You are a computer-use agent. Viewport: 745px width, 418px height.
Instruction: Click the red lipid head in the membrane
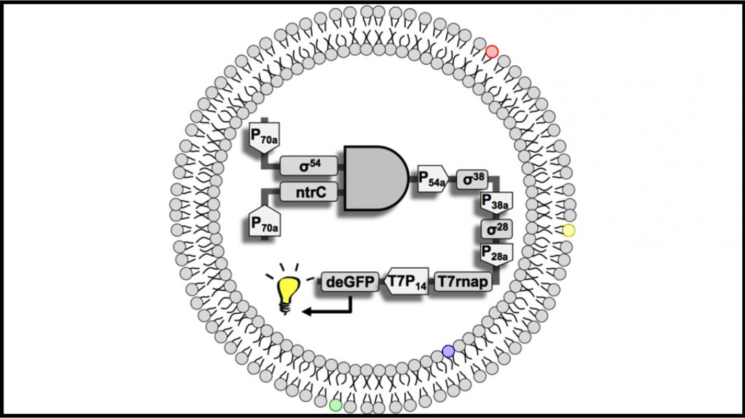tap(492, 51)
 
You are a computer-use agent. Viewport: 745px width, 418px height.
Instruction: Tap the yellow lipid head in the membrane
tap(569, 231)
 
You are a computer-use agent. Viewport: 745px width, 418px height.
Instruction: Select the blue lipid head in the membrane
tap(448, 351)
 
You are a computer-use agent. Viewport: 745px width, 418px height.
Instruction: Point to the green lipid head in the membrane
tap(335, 405)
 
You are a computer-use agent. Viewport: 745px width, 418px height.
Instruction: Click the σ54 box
tap(309, 166)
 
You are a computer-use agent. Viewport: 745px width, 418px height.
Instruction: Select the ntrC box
tap(309, 192)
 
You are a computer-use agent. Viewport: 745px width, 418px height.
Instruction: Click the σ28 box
tap(497, 229)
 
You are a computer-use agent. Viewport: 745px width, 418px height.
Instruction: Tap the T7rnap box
tap(463, 282)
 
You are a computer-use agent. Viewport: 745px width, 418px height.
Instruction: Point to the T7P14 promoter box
tap(406, 282)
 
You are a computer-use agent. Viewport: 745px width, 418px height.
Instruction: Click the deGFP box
tap(350, 282)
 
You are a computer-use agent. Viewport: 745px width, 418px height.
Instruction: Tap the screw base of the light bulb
tap(285, 308)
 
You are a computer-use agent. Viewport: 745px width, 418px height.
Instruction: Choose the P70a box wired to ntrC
tap(264, 221)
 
